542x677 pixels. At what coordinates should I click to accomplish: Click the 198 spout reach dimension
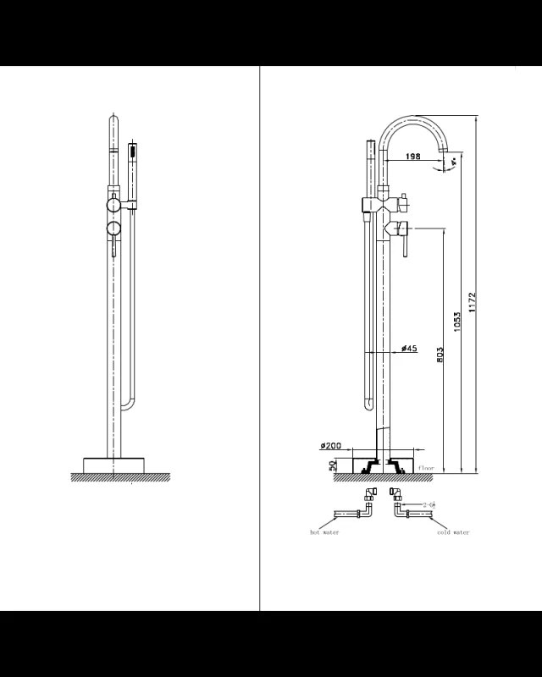pos(412,157)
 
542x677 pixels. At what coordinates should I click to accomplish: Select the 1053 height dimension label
pos(457,322)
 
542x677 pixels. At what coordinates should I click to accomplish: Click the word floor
pos(425,467)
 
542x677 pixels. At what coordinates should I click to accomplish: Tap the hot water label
pos(324,532)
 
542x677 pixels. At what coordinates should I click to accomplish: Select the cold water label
pos(453,532)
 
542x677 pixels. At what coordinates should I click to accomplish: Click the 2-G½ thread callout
pos(429,504)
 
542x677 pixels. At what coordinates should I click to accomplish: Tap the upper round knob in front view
pos(113,205)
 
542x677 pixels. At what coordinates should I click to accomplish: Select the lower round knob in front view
pos(113,229)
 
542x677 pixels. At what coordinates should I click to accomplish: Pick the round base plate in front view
pos(113,465)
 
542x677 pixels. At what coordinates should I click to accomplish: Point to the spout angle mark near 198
pos(454,161)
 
